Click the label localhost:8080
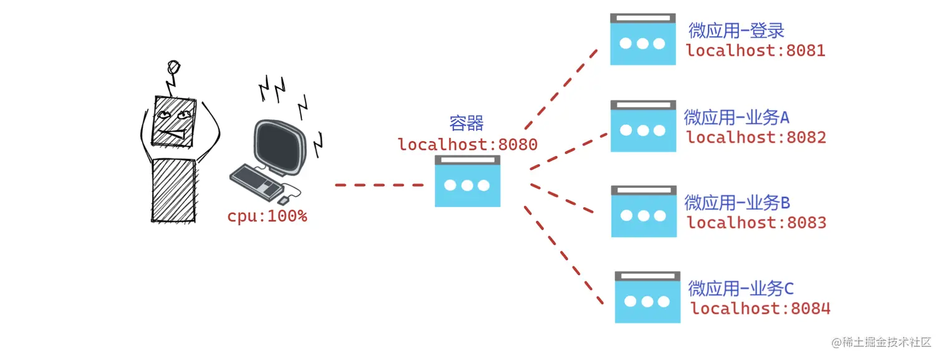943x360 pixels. [x=468, y=145]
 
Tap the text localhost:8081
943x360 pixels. [x=756, y=51]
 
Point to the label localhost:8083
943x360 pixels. [x=757, y=223]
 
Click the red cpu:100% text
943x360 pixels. [x=267, y=217]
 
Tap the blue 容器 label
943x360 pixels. [x=467, y=123]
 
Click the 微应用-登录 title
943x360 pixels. [x=736, y=31]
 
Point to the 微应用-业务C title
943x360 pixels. [x=741, y=288]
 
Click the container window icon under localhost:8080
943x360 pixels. [x=468, y=181]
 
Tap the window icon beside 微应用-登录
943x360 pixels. [x=643, y=39]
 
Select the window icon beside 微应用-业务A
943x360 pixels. [x=643, y=126]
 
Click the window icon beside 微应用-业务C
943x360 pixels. [x=647, y=297]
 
